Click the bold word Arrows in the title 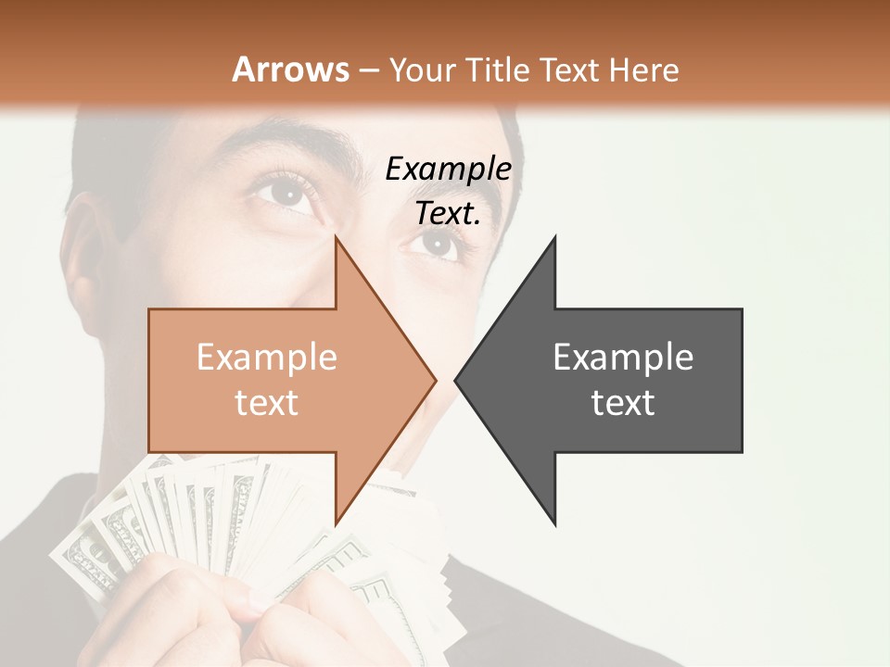click(290, 69)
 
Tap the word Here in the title click(643, 69)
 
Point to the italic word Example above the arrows click(448, 169)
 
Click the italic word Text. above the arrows click(448, 213)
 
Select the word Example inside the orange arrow click(267, 357)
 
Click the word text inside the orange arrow click(267, 402)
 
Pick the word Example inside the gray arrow click(623, 357)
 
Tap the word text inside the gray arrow click(623, 402)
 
